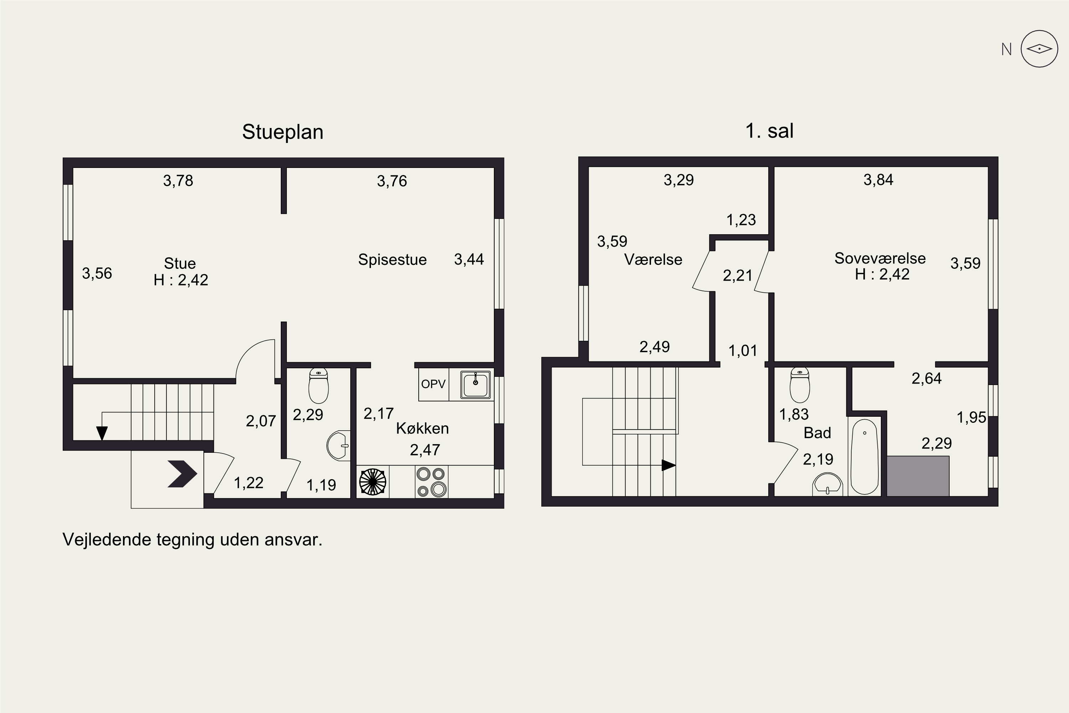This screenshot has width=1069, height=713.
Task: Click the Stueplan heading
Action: tap(283, 132)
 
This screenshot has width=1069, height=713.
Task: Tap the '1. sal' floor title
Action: tap(769, 131)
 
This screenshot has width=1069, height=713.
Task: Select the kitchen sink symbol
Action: tap(475, 385)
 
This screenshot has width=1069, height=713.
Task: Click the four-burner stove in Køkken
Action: tap(431, 482)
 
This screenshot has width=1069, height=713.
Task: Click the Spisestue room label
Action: tap(392, 260)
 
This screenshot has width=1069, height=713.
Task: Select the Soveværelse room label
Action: tap(880, 258)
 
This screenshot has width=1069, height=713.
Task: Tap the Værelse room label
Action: tap(653, 260)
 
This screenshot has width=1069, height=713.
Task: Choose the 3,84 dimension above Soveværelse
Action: tap(878, 180)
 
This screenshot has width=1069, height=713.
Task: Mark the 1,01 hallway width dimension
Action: tap(743, 350)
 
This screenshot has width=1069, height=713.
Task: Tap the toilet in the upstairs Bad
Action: tap(800, 385)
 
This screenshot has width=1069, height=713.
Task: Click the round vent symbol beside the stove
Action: tap(373, 482)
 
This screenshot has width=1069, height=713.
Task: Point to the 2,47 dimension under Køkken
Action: tap(425, 450)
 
